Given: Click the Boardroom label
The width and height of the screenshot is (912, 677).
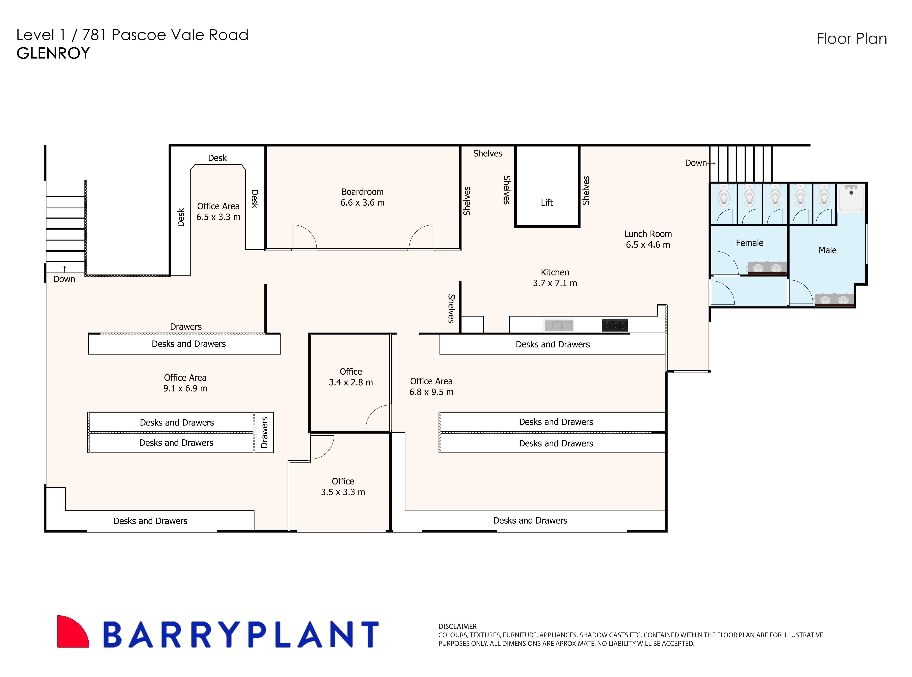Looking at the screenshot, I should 362,192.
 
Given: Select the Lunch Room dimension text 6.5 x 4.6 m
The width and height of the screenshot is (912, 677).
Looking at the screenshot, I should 648,245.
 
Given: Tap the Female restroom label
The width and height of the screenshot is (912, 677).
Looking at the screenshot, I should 749,243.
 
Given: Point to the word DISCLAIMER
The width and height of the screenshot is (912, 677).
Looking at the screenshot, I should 457,626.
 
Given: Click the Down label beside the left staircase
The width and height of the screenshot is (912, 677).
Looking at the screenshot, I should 64,279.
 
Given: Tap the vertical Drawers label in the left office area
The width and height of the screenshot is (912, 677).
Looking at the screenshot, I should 264,432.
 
